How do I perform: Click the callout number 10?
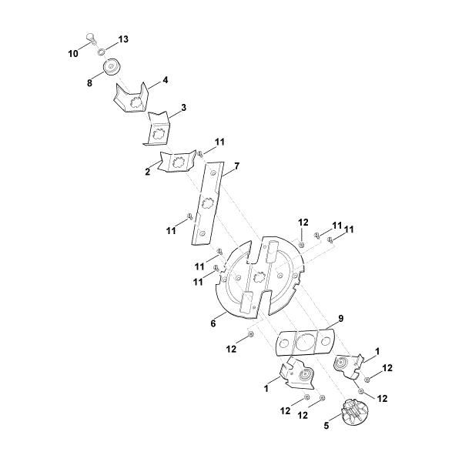[73, 54]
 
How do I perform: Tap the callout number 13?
[123, 39]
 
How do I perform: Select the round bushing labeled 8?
[112, 67]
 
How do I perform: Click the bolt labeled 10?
[91, 38]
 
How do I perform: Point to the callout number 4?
[166, 80]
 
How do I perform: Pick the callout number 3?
[183, 108]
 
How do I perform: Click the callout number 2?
[148, 172]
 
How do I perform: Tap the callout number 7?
[236, 166]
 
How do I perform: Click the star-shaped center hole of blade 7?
[207, 203]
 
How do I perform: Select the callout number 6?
[213, 323]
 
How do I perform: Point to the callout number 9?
[340, 319]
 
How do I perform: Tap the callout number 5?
[326, 426]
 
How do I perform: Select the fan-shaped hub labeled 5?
[355, 412]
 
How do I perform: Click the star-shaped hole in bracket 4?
[136, 102]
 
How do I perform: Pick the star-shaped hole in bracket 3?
[158, 134]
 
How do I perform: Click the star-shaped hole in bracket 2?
[178, 162]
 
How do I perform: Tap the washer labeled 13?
[101, 52]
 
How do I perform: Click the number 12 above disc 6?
[303, 223]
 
